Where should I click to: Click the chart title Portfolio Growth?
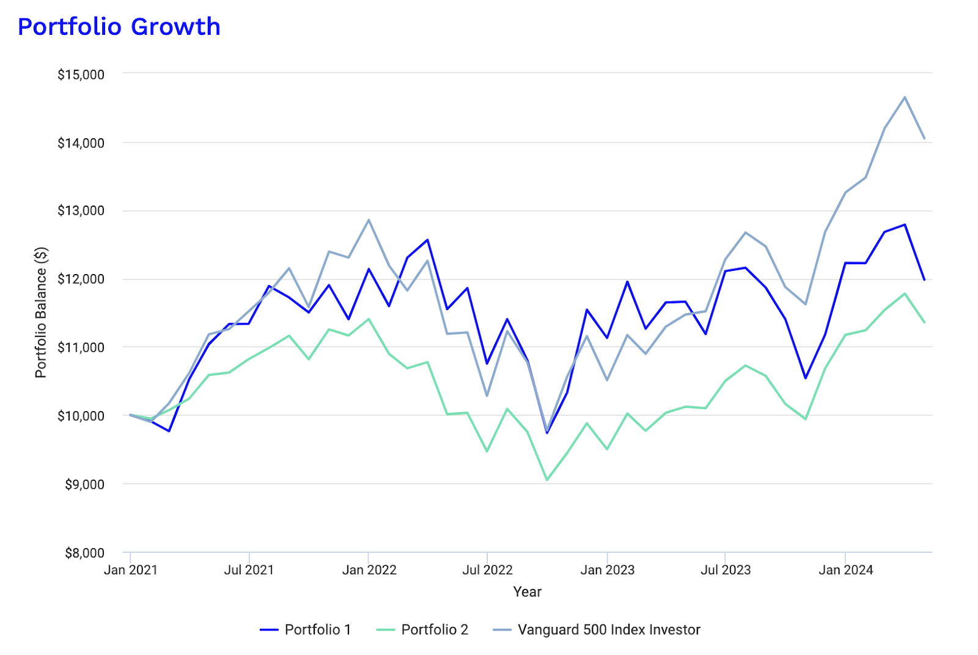tap(119, 27)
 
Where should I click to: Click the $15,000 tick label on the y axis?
tap(81, 75)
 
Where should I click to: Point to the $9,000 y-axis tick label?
tap(84, 484)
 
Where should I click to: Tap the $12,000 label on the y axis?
tap(81, 279)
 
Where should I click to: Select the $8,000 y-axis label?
tap(84, 553)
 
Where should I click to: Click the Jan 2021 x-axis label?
tap(131, 570)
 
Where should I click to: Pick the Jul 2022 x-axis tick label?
tap(487, 570)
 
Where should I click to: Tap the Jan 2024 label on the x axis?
tap(845, 570)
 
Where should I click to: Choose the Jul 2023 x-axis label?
tap(726, 570)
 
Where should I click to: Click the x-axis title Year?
tap(527, 591)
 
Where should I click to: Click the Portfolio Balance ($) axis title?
tap(40, 313)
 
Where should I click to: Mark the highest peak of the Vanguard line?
tap(905, 97)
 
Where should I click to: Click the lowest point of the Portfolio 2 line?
tap(547, 480)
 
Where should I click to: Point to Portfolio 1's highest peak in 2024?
tap(905, 224)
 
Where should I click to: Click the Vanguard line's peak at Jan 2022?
tap(369, 220)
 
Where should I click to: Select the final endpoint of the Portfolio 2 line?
tap(925, 322)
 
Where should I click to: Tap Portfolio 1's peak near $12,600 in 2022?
tap(427, 240)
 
